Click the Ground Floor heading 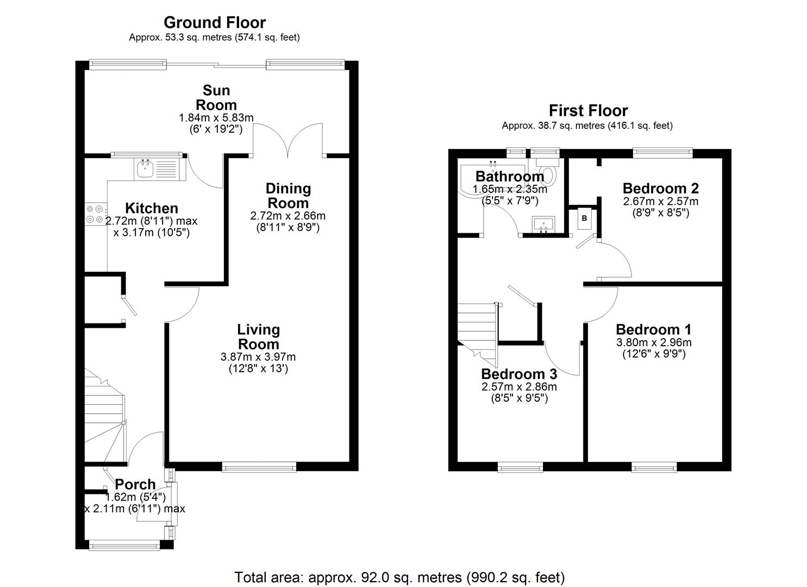click(x=215, y=23)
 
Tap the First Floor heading click(x=588, y=111)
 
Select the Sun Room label click(x=216, y=98)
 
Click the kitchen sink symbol click(x=146, y=169)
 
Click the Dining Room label click(x=288, y=196)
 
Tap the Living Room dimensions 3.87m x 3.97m click(x=258, y=357)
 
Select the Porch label click(x=135, y=484)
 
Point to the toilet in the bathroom click(x=548, y=173)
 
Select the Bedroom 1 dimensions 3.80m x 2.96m click(x=653, y=342)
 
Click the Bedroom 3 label click(x=519, y=374)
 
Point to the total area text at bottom click(x=399, y=577)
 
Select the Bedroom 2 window click(x=662, y=153)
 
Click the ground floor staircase click(x=105, y=416)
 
